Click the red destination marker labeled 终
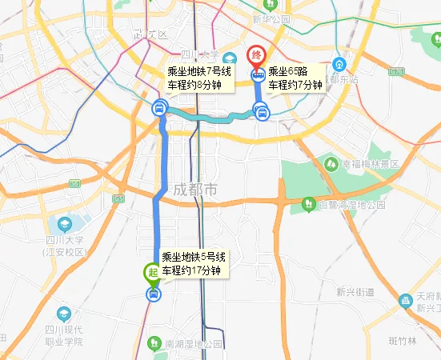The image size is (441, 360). pos(257,56)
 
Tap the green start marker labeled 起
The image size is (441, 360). pos(151,273)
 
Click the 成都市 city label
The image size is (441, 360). pos(195,192)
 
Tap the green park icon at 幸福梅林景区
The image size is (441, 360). pos(331,163)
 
